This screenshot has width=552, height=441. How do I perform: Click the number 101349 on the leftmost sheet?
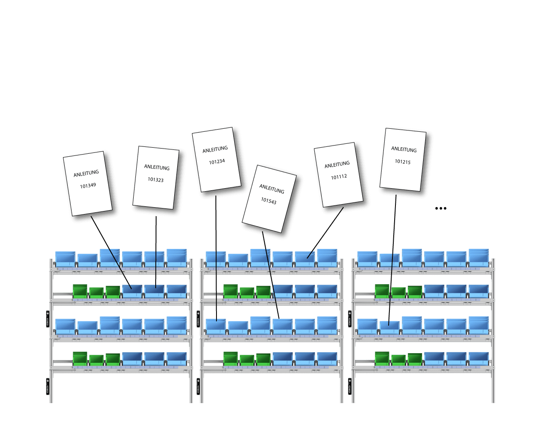[88, 186]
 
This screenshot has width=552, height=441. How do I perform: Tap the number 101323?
[156, 180]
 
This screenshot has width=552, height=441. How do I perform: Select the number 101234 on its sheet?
[217, 161]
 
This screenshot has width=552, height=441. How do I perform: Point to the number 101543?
[269, 201]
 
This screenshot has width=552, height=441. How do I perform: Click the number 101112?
[339, 177]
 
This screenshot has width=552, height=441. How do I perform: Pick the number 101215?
[403, 161]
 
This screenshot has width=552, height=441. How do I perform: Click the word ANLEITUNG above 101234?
[215, 149]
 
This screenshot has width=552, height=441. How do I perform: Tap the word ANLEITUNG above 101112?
[337, 165]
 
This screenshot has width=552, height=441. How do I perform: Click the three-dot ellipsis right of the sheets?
[440, 208]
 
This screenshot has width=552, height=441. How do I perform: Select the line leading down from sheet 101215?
[393, 258]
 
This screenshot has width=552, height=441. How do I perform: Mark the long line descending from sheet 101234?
[216, 258]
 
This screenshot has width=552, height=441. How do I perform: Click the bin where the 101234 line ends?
[216, 326]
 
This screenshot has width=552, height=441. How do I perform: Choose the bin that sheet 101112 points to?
[305, 258]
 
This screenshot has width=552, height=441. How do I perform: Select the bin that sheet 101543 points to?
[282, 326]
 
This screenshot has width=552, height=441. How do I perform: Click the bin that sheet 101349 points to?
[132, 291]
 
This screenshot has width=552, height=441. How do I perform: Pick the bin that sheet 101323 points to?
[154, 291]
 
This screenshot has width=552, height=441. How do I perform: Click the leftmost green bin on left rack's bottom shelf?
[80, 358]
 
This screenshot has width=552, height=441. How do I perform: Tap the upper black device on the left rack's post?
[47, 319]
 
